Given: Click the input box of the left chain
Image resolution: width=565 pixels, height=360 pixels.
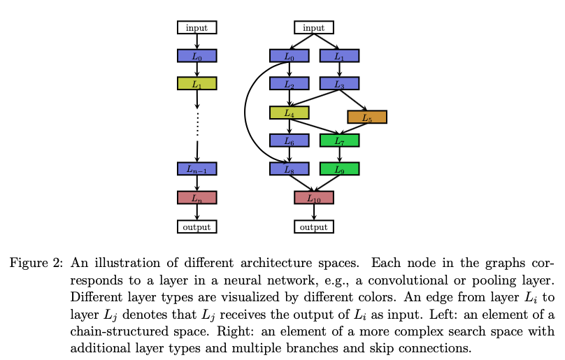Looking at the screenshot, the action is [x=196, y=27].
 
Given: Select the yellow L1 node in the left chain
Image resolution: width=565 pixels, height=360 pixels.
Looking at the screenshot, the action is [x=196, y=83].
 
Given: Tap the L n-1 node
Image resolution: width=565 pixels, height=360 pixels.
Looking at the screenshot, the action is [x=196, y=168].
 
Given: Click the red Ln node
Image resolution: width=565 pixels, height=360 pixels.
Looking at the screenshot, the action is [x=196, y=198].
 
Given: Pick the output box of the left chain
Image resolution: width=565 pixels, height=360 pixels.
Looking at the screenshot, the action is [x=196, y=226].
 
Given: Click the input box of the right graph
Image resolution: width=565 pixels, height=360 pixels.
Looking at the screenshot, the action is [x=314, y=27].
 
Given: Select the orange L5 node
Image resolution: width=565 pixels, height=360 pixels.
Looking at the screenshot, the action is [x=367, y=117].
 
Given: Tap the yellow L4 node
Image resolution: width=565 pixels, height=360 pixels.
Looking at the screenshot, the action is [x=289, y=113].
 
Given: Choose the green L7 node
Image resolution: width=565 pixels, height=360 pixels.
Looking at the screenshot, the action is [x=339, y=141].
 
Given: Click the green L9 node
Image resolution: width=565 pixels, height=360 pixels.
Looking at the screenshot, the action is [x=339, y=168].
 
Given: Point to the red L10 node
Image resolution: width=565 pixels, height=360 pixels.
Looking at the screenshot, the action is [x=314, y=198].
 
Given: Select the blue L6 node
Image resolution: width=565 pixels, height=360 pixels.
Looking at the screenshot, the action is [x=289, y=141].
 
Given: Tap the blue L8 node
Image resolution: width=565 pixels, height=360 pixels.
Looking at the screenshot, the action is [x=289, y=168].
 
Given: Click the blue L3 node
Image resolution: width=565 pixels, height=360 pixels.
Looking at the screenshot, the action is [x=339, y=83].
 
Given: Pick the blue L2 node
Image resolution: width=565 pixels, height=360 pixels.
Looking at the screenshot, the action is [x=289, y=83].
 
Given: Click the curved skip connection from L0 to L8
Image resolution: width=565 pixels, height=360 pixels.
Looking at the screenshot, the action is [x=245, y=112].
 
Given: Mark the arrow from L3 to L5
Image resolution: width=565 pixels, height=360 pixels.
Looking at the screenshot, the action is [x=353, y=100].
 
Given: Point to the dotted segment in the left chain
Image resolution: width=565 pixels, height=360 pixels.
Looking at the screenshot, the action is [x=197, y=124].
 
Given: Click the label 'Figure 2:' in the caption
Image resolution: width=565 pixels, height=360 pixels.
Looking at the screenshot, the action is [x=36, y=263].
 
